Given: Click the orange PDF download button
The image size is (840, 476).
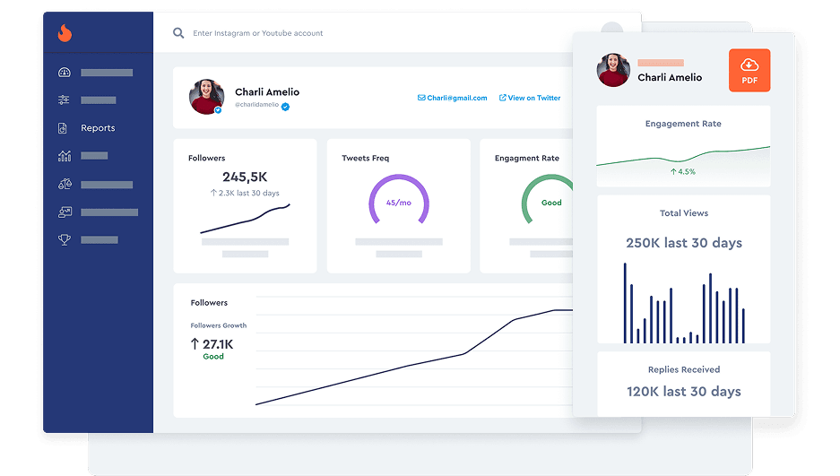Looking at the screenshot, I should coord(749,70).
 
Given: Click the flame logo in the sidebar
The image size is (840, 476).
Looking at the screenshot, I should coord(65,33).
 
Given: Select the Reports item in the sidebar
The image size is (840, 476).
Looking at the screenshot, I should coord(98,128).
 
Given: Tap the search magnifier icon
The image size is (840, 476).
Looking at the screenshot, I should coord(178,33).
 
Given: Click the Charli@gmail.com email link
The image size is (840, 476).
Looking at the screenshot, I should coord(453,98).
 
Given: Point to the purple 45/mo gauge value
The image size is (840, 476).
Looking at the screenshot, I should coord(399,203).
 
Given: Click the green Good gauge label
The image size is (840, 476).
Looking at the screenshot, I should coord(551,203).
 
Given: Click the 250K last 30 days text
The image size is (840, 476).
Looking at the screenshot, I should coord(683,243).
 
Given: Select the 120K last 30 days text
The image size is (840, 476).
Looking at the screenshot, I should coord(683,391).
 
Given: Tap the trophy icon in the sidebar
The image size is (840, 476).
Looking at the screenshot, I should coord(65,240).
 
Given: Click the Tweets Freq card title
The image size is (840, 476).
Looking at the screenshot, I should coord(365,159).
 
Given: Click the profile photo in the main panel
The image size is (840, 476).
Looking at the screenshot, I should coord(206,97).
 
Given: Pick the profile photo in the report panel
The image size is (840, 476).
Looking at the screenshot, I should coord(613,70).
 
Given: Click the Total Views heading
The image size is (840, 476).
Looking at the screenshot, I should coord(683,213).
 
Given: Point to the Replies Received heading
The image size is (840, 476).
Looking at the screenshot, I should coord(683,369).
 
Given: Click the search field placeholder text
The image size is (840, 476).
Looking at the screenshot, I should coord(257,33).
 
